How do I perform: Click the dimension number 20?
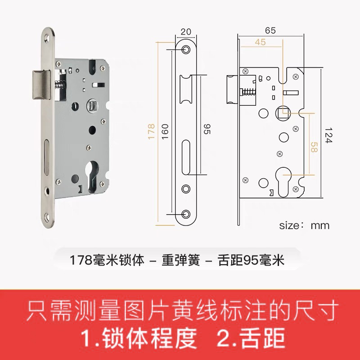186,31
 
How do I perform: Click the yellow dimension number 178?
151,132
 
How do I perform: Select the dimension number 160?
165,132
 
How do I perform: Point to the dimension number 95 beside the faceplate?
207,129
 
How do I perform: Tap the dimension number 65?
270,31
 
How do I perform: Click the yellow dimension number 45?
260,42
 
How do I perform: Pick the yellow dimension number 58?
314,147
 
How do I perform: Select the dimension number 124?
328,135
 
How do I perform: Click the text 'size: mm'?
304,225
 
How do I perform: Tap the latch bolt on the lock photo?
41,85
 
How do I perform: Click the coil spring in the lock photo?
59,85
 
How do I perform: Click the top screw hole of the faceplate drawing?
186,49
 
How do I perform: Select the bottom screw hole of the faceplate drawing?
186,214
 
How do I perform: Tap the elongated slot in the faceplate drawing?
186,157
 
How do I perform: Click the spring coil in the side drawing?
248,92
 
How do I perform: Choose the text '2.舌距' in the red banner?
251,338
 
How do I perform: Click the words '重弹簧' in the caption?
181,260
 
